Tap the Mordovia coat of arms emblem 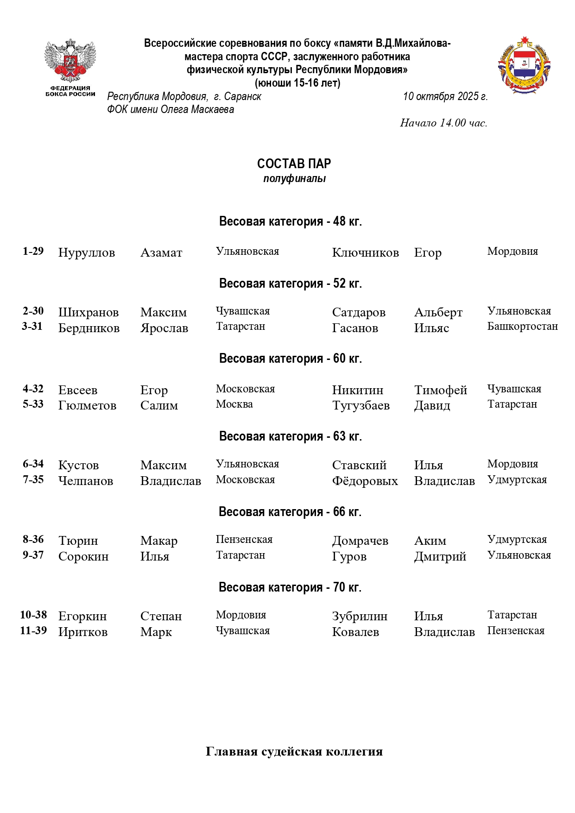click(524, 65)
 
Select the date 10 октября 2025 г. click(445, 96)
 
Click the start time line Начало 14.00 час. click(443, 123)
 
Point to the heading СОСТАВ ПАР click(294, 164)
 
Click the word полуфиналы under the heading click(294, 179)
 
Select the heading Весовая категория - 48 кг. click(290, 221)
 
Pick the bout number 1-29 click(33, 251)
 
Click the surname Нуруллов click(86, 252)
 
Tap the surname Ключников click(365, 252)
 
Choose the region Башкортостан click(522, 326)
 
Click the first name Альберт click(438, 312)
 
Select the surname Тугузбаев click(360, 405)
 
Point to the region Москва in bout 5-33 click(234, 404)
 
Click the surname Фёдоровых click(365, 481)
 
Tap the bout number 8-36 click(33, 539)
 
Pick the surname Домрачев click(360, 541)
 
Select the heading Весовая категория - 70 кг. click(290, 587)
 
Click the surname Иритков click(82, 632)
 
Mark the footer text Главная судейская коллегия click(294, 751)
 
